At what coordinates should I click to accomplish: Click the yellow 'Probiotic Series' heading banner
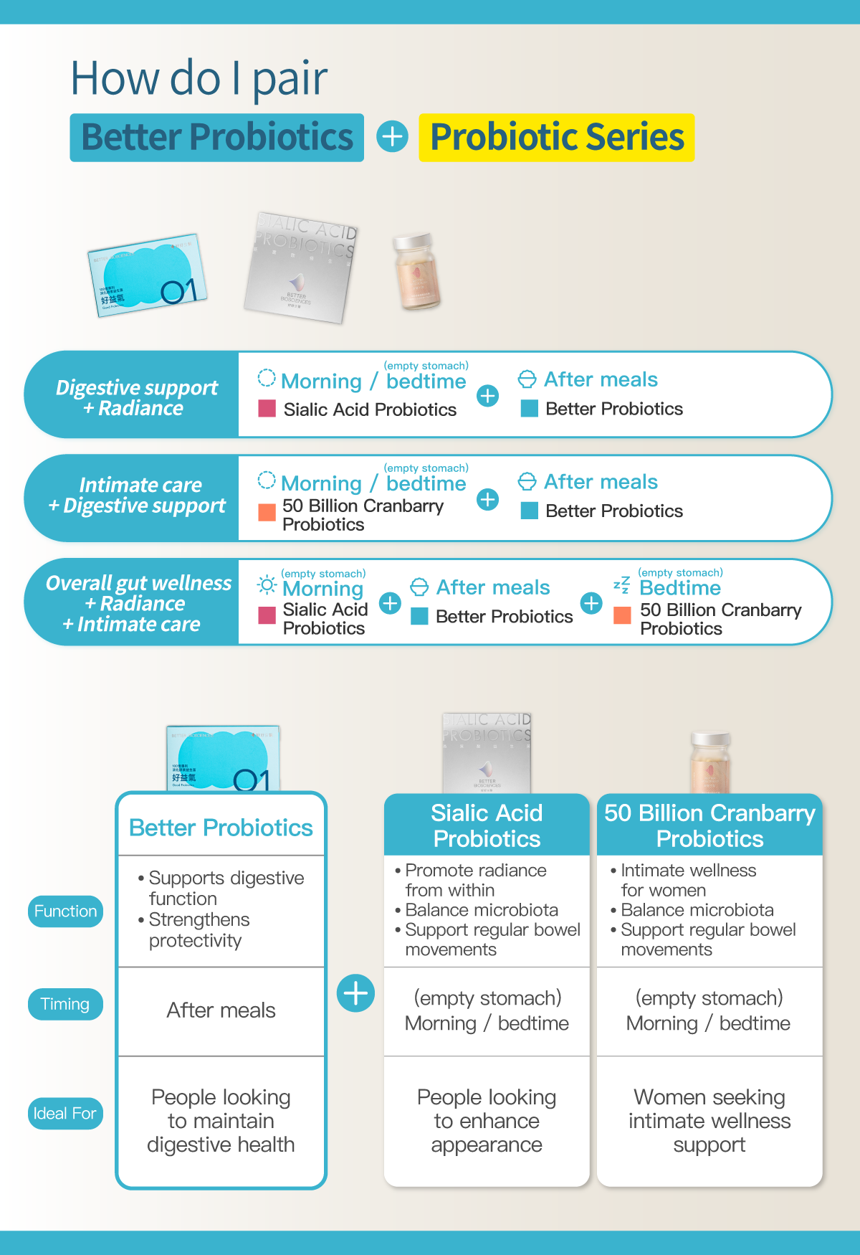coord(556,138)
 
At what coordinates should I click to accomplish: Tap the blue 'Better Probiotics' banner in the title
coord(216,138)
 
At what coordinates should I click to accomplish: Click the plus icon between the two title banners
coord(392,136)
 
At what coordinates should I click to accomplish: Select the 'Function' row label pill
coord(65,911)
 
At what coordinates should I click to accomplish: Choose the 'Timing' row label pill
coord(65,1004)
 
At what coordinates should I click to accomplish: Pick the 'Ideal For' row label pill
coord(65,1114)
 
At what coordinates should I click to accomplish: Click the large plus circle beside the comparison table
coord(355,993)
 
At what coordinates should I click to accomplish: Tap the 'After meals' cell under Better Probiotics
coord(221,1010)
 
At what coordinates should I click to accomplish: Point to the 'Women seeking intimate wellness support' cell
coord(709,1120)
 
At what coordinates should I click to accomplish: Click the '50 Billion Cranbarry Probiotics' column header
coord(709,825)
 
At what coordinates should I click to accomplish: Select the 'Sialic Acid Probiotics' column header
coord(487,825)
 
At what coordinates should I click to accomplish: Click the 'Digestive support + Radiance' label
coord(136,397)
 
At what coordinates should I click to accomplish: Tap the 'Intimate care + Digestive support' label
coord(136,496)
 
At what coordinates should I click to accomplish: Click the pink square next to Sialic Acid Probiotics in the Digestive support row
coord(267,409)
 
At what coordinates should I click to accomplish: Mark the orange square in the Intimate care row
coord(267,512)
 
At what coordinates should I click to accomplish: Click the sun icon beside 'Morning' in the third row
coord(267,585)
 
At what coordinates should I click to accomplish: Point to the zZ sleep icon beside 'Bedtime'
coord(621,585)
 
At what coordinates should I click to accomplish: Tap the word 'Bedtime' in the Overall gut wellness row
coord(680,588)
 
